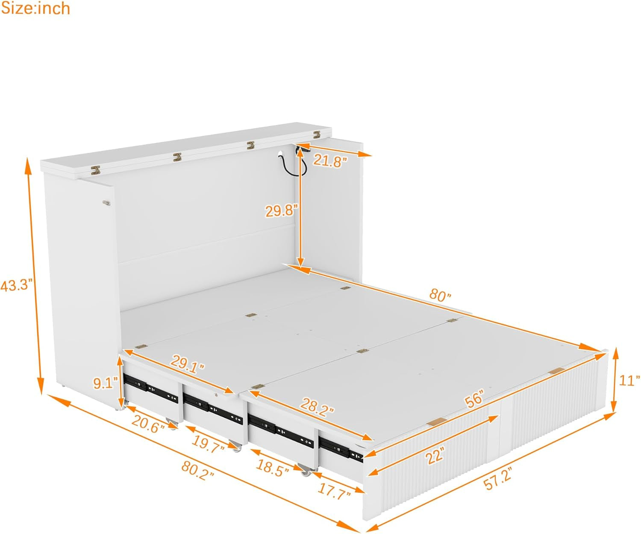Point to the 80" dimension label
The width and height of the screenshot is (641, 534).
[440, 295]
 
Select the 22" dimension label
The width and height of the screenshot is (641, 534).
[435, 455]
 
